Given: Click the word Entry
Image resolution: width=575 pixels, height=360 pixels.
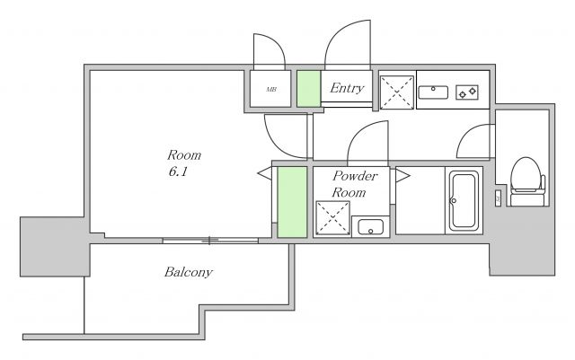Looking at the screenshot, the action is click(x=347, y=88).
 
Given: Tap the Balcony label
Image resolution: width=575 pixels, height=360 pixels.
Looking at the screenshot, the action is click(x=188, y=272).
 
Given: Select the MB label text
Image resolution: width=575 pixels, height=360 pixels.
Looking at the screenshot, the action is click(x=271, y=89).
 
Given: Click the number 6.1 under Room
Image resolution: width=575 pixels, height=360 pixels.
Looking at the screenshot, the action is click(x=178, y=171).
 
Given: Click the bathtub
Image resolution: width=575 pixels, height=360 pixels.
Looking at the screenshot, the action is click(x=464, y=200).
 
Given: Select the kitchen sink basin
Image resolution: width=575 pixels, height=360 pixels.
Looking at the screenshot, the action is click(x=433, y=92).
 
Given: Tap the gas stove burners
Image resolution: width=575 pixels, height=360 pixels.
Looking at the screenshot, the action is click(x=467, y=92).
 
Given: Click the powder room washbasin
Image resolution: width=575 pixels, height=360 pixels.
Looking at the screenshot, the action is click(x=370, y=227).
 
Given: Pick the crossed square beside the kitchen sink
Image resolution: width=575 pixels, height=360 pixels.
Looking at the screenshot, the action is click(x=397, y=92).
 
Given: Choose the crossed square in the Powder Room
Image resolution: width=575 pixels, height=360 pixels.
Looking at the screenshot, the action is click(x=332, y=218).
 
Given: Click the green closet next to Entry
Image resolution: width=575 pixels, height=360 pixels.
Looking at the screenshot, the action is click(x=309, y=89).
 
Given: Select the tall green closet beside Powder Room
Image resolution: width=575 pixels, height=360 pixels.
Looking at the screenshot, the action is click(x=292, y=202).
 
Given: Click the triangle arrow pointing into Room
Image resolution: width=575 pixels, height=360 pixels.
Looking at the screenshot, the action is click(x=265, y=173).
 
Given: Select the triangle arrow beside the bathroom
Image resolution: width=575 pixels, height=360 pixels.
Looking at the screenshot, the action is click(x=402, y=175).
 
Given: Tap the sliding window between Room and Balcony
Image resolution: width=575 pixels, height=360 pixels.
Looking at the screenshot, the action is click(x=210, y=241).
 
